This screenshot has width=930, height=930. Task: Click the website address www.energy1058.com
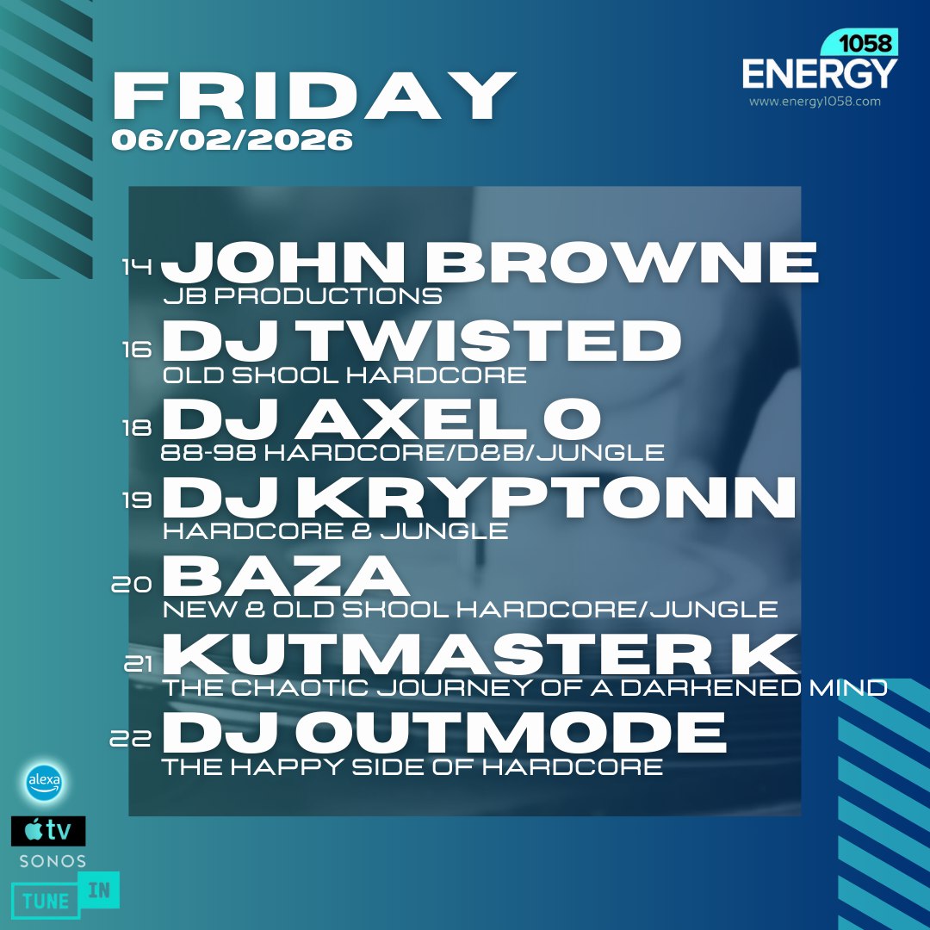(x=815, y=102)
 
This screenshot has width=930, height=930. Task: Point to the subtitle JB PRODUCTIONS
(x=302, y=297)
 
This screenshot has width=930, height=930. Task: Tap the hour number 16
(x=138, y=349)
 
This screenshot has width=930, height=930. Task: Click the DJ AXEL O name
(x=381, y=419)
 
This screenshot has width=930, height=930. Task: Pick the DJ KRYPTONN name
(x=479, y=498)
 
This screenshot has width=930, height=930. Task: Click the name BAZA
(x=285, y=576)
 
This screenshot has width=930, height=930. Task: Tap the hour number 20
(x=132, y=586)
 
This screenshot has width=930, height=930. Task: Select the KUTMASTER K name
(x=479, y=654)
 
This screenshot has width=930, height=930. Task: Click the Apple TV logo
(x=48, y=831)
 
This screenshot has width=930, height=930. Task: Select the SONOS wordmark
(x=53, y=861)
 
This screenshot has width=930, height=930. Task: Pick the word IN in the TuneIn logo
(x=98, y=890)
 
